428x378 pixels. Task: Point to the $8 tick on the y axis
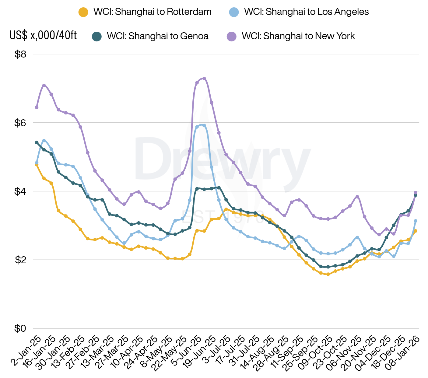(x=20, y=54)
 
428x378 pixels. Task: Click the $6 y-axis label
(x=20, y=123)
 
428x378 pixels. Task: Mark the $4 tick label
(x=20, y=191)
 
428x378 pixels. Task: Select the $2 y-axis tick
(x=20, y=260)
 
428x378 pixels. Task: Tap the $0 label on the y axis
(x=20, y=328)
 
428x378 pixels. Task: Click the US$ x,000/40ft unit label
(x=43, y=35)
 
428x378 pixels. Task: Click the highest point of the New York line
(x=204, y=79)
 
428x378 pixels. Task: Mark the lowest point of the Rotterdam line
(x=328, y=274)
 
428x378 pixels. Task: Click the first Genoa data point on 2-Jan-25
(x=37, y=142)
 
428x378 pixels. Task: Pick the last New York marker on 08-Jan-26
(x=416, y=193)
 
